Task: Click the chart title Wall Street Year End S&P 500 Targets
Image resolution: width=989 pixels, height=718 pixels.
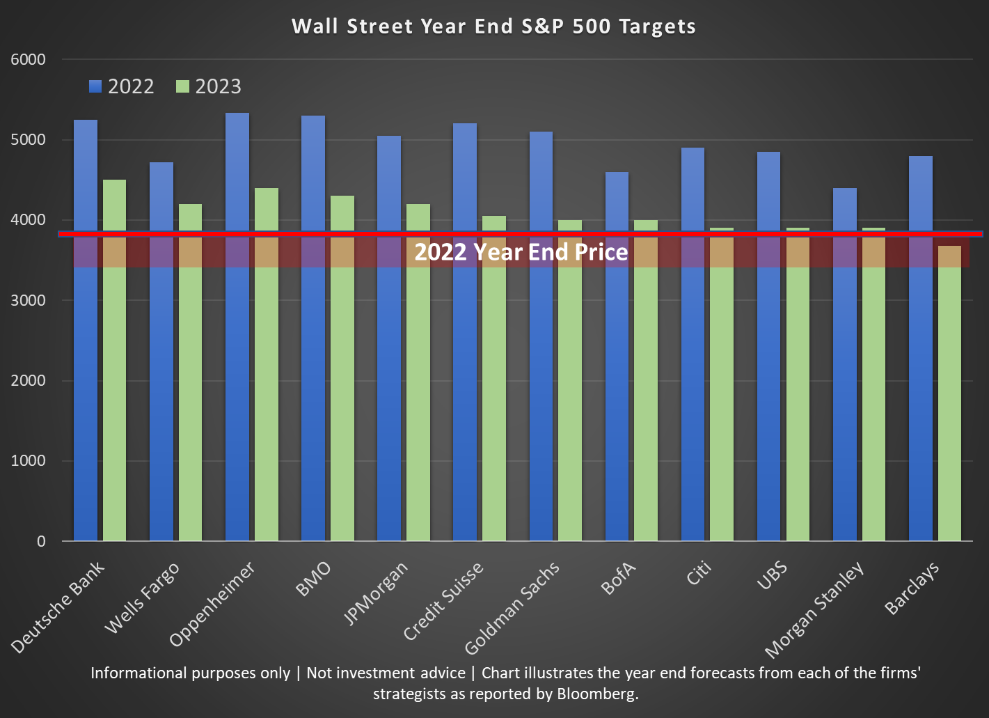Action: click(493, 26)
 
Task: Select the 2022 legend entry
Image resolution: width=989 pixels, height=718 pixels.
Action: click(122, 86)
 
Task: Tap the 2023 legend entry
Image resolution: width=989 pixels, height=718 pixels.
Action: click(209, 86)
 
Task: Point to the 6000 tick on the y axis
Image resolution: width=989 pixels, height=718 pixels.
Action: click(29, 60)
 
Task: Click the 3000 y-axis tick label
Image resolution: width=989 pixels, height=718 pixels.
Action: click(29, 301)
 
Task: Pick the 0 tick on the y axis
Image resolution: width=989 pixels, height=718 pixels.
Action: click(41, 542)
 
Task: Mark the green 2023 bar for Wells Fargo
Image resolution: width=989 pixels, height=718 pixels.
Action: click(190, 397)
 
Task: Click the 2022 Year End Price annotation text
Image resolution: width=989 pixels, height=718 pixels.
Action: click(521, 252)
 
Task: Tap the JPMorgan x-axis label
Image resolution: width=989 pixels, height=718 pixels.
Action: click(376, 593)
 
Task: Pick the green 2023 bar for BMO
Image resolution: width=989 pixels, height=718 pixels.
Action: click(342, 397)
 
